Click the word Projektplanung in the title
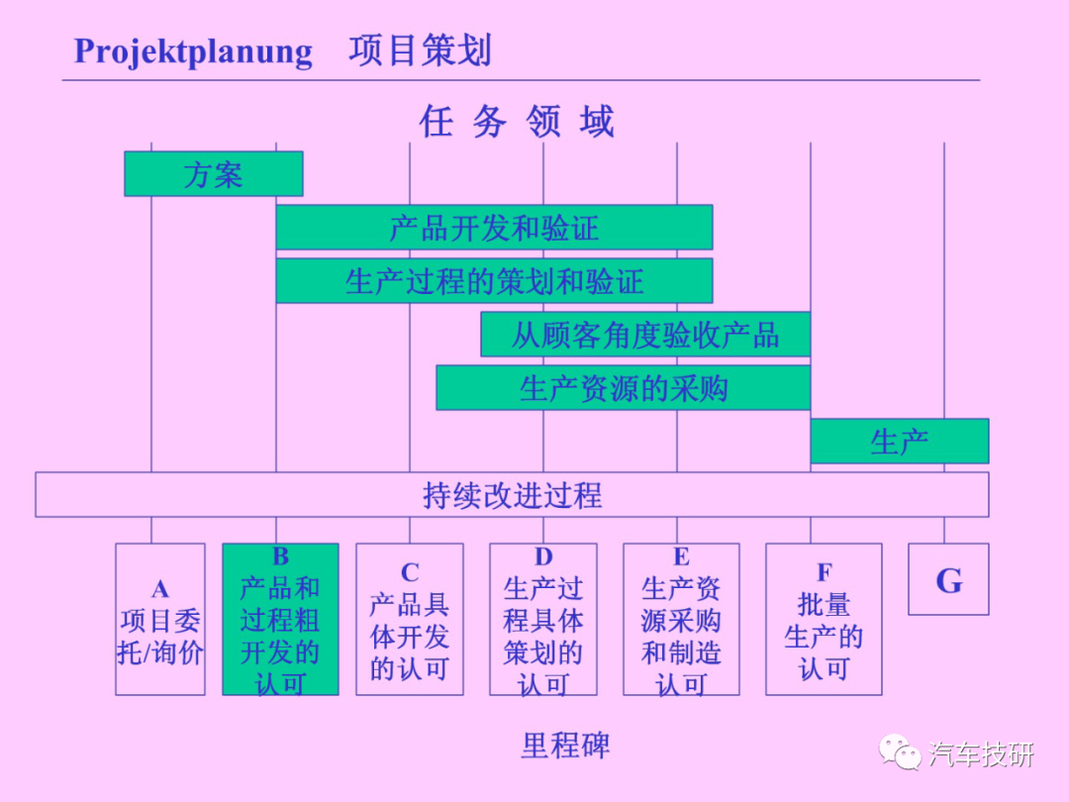point(193,51)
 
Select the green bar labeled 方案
point(214,174)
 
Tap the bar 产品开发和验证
point(494,227)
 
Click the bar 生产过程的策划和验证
point(494,280)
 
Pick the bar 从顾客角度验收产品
point(645,335)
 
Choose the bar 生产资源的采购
point(624,387)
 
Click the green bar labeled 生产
point(899,442)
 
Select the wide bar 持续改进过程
point(512,494)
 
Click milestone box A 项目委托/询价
point(160,619)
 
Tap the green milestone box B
point(280,619)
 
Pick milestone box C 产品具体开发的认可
point(410,619)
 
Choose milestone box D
point(543,619)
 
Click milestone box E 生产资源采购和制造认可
point(681,619)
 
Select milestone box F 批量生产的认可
point(824,619)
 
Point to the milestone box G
point(948,579)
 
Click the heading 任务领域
point(517,122)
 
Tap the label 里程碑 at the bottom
point(565,746)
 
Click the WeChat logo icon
point(900,752)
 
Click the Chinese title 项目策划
point(420,50)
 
